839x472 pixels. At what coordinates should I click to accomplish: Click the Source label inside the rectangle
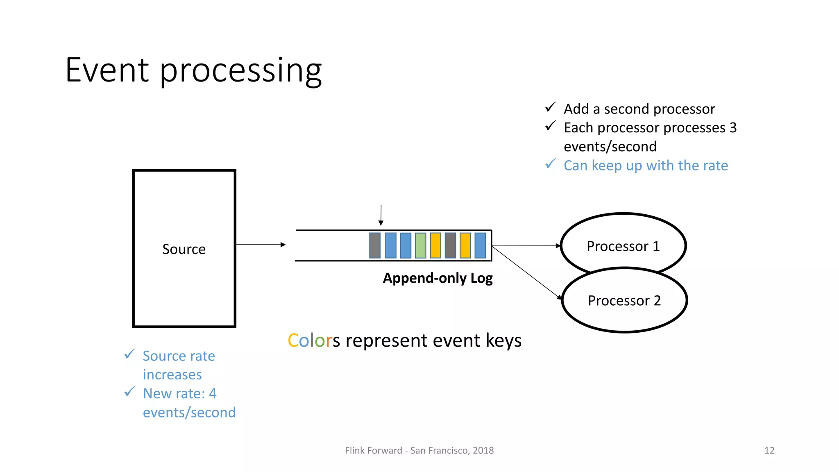pyautogui.click(x=184, y=249)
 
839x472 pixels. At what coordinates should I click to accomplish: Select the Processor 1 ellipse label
pyautogui.click(x=623, y=246)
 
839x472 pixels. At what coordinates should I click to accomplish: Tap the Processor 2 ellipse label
pyautogui.click(x=624, y=301)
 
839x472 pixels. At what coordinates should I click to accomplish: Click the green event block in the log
pyautogui.click(x=420, y=245)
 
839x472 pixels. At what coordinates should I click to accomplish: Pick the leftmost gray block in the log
pyautogui.click(x=375, y=245)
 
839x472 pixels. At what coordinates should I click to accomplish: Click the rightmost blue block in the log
pyautogui.click(x=480, y=245)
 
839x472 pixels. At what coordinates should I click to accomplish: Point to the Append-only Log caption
pyautogui.click(x=438, y=278)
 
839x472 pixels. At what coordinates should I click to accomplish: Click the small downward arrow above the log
pyautogui.click(x=381, y=216)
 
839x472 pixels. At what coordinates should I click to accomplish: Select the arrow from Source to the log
pyautogui.click(x=261, y=245)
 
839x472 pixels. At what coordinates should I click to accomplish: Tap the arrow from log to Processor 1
pyautogui.click(x=526, y=246)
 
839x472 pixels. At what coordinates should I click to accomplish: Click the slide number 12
pyautogui.click(x=769, y=450)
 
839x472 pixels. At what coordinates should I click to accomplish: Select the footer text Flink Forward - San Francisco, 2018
pyautogui.click(x=419, y=450)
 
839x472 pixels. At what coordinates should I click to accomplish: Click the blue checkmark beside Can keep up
pyautogui.click(x=551, y=164)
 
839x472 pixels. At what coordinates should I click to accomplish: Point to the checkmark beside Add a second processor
pyautogui.click(x=551, y=107)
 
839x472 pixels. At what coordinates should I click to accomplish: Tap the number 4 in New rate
pyautogui.click(x=213, y=393)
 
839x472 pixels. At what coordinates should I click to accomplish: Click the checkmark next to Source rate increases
pyautogui.click(x=129, y=354)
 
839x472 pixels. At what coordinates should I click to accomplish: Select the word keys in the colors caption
pyautogui.click(x=503, y=341)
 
